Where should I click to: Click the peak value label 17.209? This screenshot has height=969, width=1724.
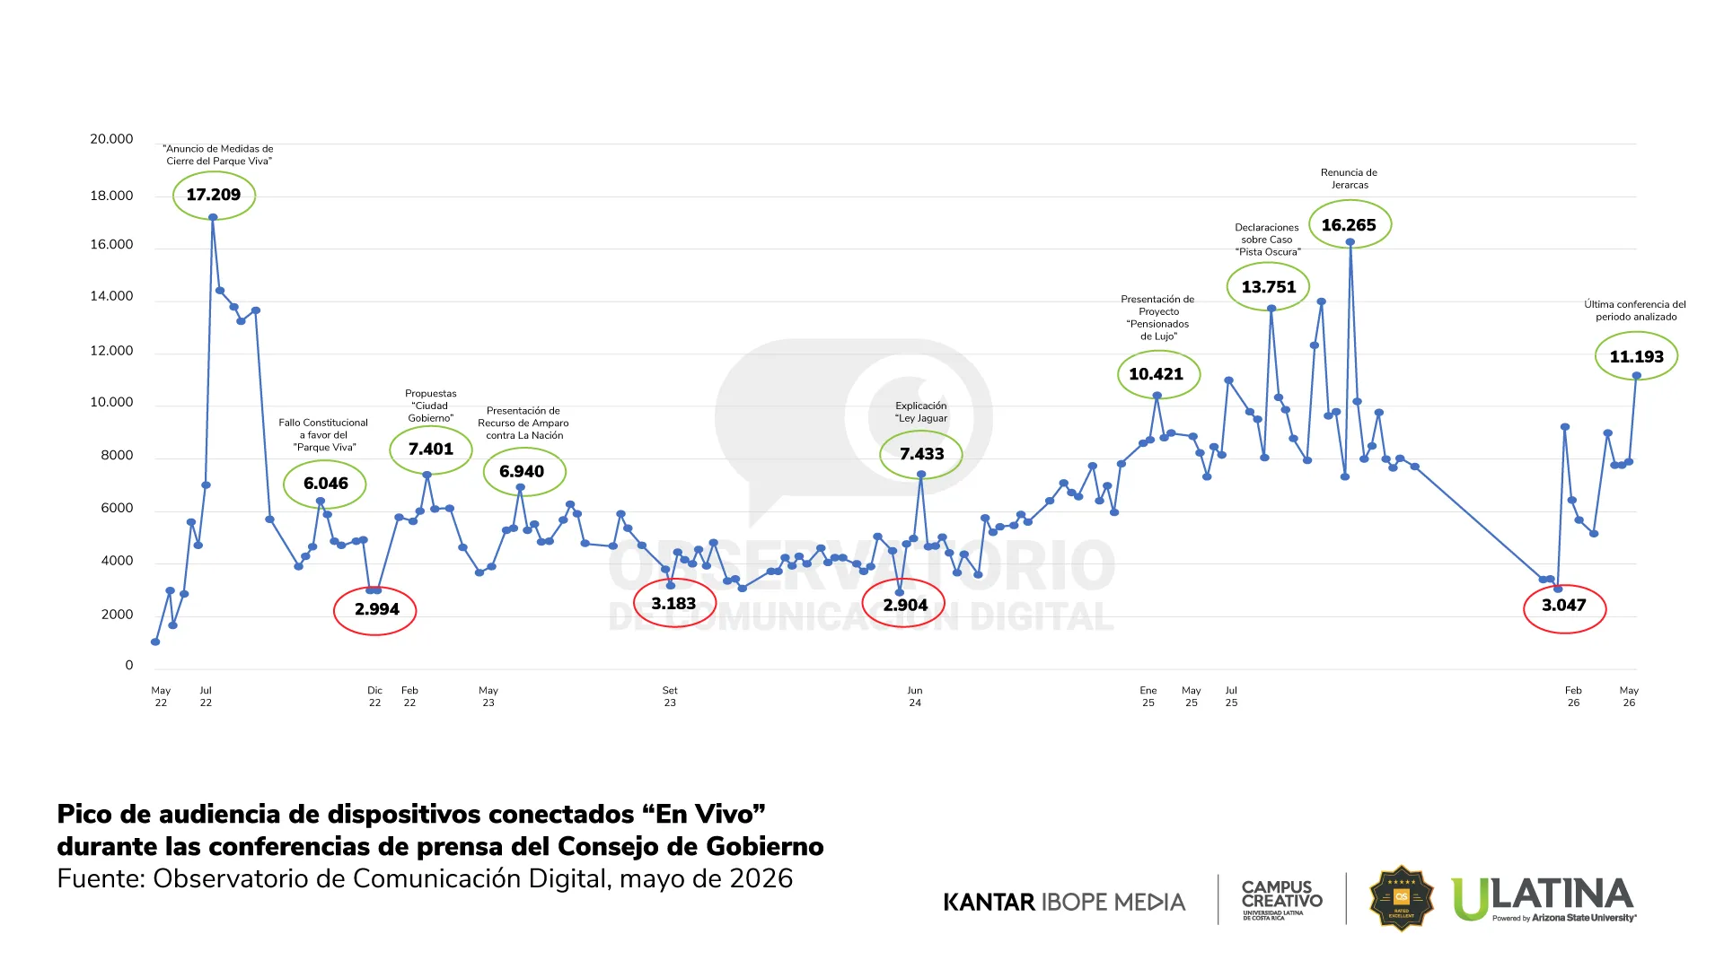(214, 195)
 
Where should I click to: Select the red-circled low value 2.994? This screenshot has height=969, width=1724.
(376, 609)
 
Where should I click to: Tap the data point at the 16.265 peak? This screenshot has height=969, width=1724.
(1350, 242)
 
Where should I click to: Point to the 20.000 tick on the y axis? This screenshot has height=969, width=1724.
(111, 139)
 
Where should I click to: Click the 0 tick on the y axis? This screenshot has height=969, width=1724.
(129, 666)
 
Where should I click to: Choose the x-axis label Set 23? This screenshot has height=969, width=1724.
(670, 696)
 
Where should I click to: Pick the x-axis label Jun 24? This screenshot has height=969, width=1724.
(915, 696)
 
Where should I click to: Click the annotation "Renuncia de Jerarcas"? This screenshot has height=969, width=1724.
(1350, 179)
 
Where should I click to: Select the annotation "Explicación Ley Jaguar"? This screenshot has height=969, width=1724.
(921, 412)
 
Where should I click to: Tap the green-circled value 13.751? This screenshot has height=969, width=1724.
(1269, 287)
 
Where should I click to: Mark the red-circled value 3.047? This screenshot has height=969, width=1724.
(1564, 606)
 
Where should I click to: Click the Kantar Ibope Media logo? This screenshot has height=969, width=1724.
(1064, 902)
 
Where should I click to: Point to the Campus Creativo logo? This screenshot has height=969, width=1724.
(1282, 900)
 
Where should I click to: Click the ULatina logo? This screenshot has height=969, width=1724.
(1544, 899)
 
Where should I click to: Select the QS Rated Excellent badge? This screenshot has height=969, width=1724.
(1401, 898)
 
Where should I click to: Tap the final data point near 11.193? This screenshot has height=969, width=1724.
(1637, 376)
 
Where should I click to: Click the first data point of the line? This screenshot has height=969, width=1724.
(155, 642)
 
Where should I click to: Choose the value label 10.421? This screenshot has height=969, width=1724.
(1157, 374)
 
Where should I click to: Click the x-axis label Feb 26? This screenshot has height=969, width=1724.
(1573, 696)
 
